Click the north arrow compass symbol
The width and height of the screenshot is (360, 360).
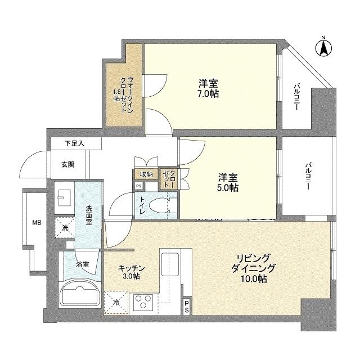(324, 47)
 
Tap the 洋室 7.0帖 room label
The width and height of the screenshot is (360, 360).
(208, 88)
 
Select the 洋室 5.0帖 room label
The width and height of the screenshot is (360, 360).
(228, 182)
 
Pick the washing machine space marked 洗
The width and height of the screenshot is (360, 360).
(65, 228)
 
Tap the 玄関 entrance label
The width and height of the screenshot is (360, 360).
(67, 165)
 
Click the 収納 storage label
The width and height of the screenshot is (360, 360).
(146, 174)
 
